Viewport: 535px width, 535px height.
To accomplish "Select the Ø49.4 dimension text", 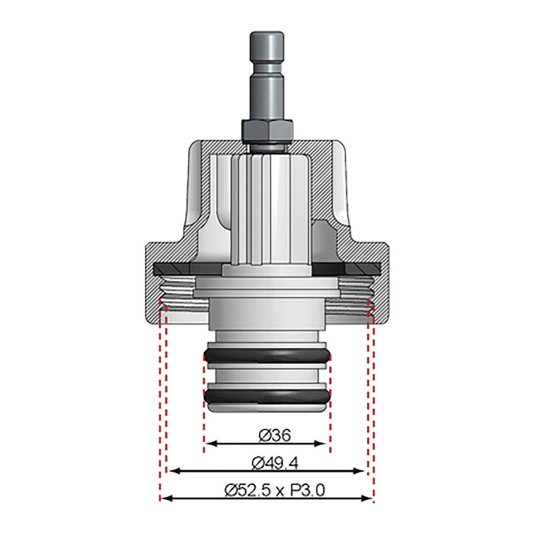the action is click(275, 463).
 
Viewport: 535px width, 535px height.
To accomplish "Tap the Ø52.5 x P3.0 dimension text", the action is click(274, 491).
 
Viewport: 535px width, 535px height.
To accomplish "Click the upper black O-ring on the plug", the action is click(267, 356).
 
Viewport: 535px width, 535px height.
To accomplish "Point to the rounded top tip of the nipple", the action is click(267, 34).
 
